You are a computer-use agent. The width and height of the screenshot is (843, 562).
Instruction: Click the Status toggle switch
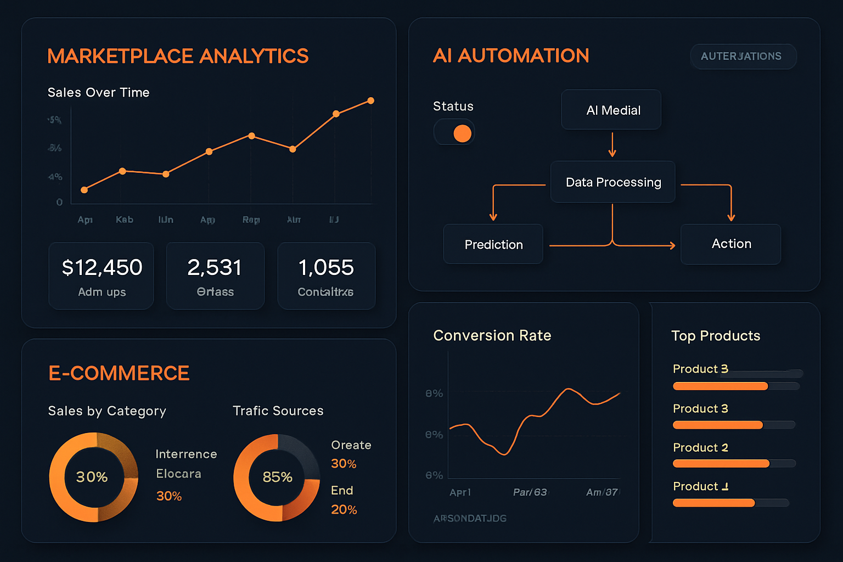click(x=454, y=133)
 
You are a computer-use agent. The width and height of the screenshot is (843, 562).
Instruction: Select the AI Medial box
click(x=611, y=110)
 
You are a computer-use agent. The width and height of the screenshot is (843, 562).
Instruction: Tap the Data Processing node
click(x=613, y=182)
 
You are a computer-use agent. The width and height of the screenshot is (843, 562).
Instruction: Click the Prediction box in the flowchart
click(x=493, y=244)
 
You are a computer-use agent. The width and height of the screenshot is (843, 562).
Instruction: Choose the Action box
click(x=730, y=244)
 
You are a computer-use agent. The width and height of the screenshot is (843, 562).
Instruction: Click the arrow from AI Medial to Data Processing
click(x=612, y=145)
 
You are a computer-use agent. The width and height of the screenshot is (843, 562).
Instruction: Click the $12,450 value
click(x=102, y=268)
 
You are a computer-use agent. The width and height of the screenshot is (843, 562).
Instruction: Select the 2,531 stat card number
click(x=215, y=268)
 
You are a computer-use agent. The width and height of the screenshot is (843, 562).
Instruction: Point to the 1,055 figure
click(x=326, y=268)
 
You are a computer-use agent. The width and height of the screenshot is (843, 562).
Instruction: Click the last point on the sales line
click(x=371, y=100)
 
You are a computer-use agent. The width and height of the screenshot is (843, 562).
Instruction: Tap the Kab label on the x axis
click(x=125, y=220)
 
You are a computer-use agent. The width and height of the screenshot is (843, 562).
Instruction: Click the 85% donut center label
click(x=277, y=477)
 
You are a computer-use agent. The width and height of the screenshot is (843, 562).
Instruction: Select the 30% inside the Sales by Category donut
click(x=92, y=477)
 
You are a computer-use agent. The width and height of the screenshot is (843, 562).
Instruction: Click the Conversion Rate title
click(x=492, y=335)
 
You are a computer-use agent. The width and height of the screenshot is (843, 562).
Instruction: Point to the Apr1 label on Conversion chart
click(x=460, y=492)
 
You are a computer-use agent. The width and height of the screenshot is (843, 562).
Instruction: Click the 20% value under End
click(x=344, y=510)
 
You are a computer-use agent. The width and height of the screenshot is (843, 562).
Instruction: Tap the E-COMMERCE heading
click(x=119, y=373)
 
